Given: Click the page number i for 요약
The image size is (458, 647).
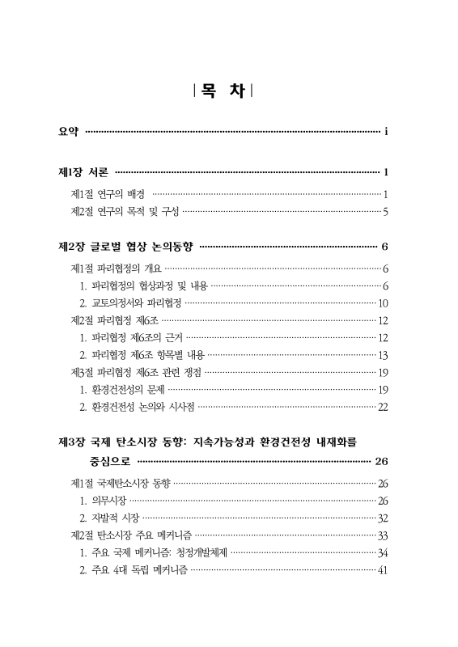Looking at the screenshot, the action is click(x=388, y=131).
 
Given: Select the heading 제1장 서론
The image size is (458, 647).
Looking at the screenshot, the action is click(x=83, y=171).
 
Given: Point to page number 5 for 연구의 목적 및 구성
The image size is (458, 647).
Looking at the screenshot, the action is click(x=387, y=213).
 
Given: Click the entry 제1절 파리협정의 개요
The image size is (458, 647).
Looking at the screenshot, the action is click(x=117, y=269).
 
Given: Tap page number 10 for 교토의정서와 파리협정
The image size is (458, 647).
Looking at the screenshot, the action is click(x=384, y=303).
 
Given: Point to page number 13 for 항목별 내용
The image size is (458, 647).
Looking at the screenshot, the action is click(x=384, y=355).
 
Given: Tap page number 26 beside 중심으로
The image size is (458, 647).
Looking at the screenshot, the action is click(x=383, y=462).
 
